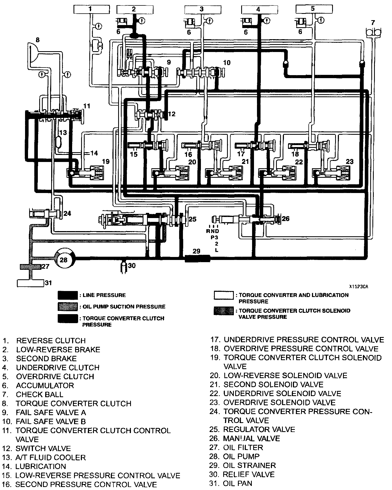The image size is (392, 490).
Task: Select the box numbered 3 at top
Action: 201,9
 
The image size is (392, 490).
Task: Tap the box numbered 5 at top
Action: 313,9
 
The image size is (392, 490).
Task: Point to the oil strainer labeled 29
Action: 197,258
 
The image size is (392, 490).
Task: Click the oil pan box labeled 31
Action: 30,283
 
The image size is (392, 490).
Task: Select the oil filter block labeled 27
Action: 30,267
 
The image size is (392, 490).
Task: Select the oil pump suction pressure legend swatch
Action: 68,307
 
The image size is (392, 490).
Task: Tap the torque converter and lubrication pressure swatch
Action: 223,295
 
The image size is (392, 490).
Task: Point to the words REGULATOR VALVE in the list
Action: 259,430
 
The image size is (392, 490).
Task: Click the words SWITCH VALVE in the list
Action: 43,448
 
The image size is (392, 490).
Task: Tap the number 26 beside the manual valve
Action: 286,219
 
